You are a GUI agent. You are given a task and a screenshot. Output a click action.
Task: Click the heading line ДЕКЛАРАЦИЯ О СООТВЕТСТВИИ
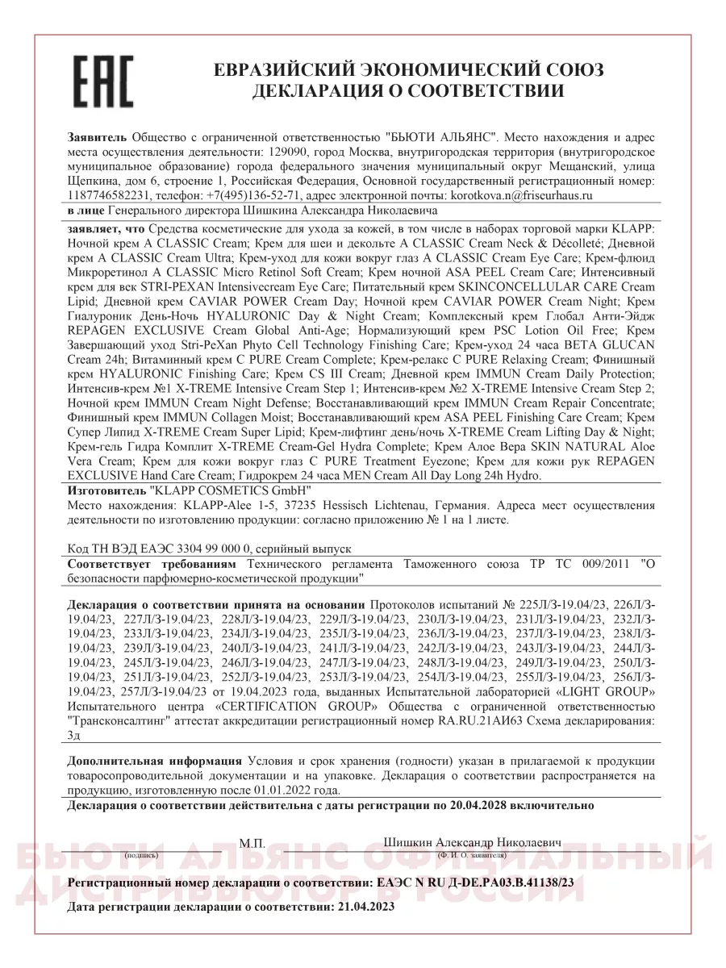pos(408,91)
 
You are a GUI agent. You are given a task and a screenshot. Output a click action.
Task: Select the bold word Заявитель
pos(98,138)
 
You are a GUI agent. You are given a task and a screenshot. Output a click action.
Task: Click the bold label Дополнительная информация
pos(155,761)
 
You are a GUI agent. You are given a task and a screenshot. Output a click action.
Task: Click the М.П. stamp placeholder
pos(252,842)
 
